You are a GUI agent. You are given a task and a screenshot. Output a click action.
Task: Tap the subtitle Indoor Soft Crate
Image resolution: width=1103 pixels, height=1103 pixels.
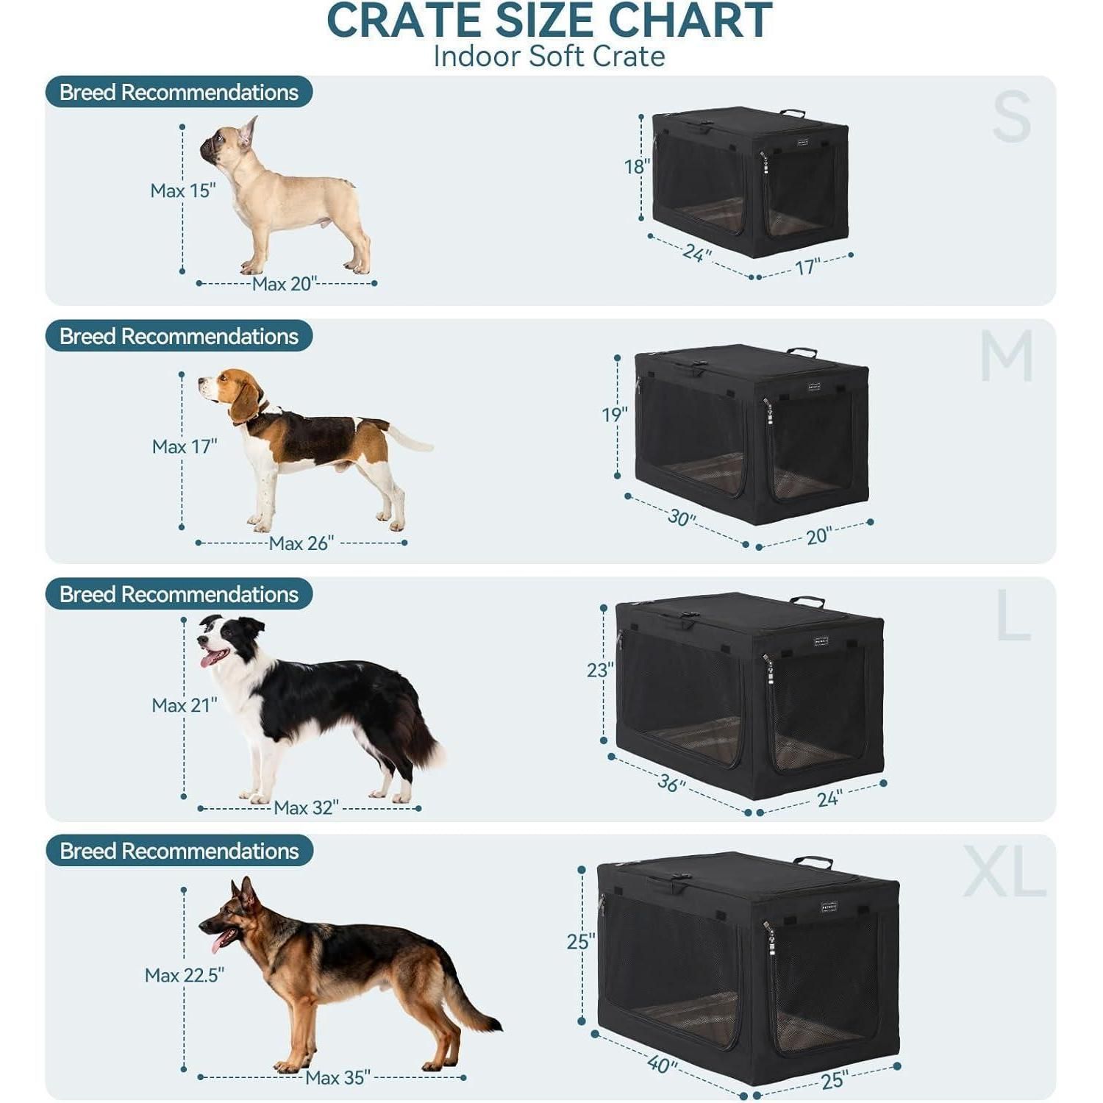pos(549,57)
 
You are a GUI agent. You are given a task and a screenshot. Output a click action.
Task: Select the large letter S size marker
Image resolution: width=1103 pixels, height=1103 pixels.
pos(1012,117)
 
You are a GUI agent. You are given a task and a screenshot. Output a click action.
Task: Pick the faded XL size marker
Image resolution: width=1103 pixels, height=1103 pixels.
pos(1004,871)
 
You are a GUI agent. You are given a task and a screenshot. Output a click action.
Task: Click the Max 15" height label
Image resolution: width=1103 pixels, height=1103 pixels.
pos(183,190)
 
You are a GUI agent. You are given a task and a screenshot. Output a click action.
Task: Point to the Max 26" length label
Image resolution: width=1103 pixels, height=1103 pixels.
pos(301,543)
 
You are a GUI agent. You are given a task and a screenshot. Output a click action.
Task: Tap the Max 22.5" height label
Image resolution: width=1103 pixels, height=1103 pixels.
pos(185,975)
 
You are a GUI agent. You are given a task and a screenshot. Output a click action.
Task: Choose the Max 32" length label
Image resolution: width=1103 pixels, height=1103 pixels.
pos(306,807)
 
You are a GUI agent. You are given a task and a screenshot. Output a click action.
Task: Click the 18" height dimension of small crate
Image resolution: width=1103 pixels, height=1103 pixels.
pos(637,167)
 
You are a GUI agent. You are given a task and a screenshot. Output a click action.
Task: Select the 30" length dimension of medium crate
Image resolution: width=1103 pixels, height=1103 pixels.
pos(682,518)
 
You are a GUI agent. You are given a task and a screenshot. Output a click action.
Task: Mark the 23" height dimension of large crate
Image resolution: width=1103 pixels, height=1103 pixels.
pos(600,670)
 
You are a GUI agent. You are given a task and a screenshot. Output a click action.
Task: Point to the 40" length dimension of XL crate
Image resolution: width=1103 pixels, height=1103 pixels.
pos(663,1063)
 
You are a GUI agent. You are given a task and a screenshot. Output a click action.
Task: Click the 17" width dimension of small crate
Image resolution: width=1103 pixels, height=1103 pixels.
pos(807,266)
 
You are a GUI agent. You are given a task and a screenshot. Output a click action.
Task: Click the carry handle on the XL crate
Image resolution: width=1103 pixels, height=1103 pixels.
pos(813,862)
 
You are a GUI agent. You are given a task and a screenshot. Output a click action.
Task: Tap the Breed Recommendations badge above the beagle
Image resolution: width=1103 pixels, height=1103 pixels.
pos(179,336)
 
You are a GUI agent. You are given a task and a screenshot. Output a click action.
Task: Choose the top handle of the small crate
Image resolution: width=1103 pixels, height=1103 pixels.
pos(793,114)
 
